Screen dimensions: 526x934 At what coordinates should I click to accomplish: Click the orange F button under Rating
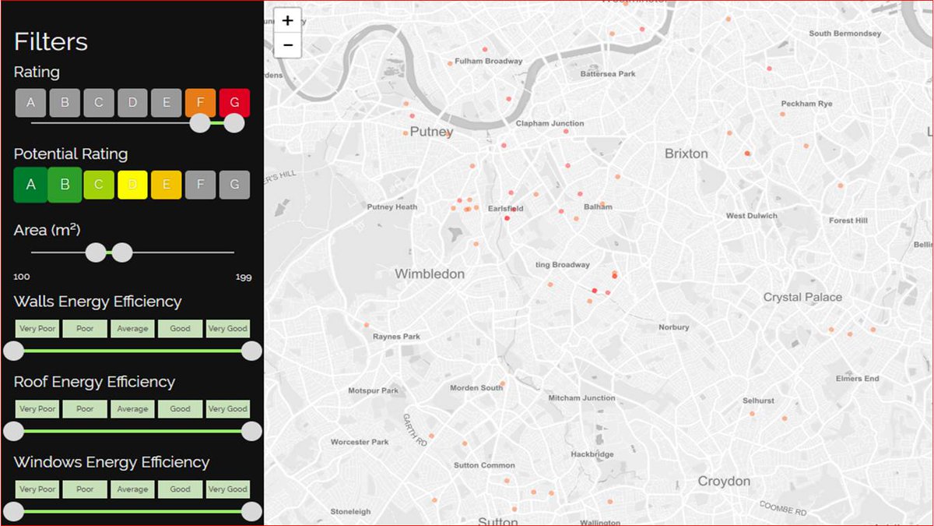pos(200,102)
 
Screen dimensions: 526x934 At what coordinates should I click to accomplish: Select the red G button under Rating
pos(234,102)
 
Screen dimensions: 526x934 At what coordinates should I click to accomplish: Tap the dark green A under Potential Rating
pos(30,185)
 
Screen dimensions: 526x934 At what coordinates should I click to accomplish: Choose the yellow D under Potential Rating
pos(132,185)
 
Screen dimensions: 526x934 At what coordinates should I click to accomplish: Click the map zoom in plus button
pos(288,21)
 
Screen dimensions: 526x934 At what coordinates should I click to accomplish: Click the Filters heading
pos(51,41)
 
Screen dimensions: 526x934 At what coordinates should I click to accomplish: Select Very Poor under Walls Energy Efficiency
pos(37,329)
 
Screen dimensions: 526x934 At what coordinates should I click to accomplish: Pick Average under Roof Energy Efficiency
pos(132,409)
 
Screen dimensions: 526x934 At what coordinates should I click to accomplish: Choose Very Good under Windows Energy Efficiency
pos(227,489)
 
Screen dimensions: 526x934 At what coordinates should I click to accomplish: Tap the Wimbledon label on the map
pos(430,274)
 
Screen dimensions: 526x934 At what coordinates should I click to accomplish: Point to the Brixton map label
pos(686,154)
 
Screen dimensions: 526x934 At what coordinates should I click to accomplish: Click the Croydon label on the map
pos(724,482)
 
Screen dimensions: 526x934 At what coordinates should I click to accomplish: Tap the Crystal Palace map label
pos(802,297)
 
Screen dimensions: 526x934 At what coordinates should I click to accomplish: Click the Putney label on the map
pos(431,132)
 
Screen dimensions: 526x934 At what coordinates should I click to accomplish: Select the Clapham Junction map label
pos(550,124)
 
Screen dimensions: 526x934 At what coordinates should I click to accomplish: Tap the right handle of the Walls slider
pos(251,351)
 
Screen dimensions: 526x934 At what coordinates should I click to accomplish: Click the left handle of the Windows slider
pos(14,512)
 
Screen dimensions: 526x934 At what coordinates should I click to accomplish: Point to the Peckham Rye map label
pos(806,104)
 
